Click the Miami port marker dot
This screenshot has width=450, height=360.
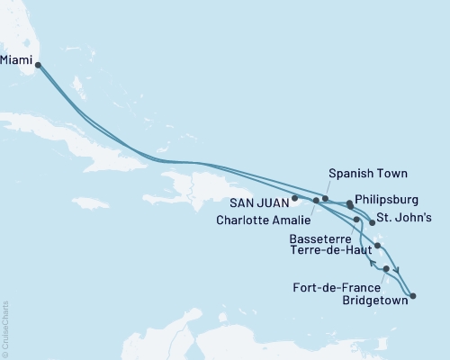point(37,64)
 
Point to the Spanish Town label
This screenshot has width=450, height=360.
point(368,174)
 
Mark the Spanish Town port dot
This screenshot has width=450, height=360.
point(326,198)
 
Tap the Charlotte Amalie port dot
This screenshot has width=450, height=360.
point(315,200)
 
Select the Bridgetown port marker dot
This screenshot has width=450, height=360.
point(412,295)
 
